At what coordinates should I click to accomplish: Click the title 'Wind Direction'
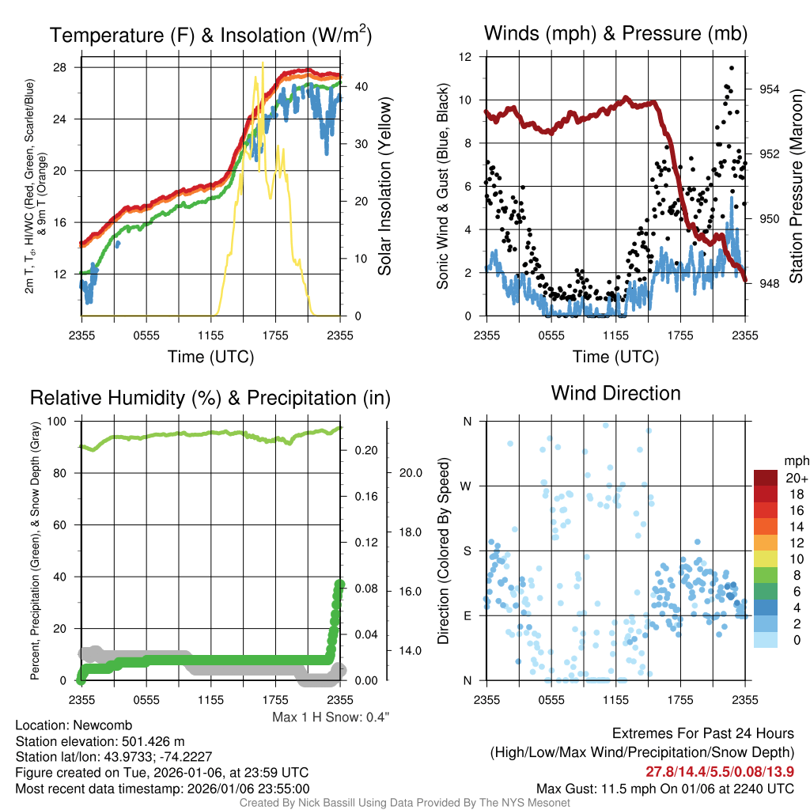[615, 393]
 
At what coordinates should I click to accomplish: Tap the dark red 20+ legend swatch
[766, 478]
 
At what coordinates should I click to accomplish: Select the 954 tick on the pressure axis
[769, 89]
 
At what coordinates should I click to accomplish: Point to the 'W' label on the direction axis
[467, 486]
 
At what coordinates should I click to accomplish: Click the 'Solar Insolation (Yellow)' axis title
[385, 187]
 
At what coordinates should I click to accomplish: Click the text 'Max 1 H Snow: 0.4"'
[331, 717]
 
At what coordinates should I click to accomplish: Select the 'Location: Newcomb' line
[74, 725]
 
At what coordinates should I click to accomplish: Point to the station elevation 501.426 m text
[100, 741]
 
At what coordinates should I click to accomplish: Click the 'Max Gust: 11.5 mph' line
[665, 788]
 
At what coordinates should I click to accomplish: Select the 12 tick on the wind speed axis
[466, 57]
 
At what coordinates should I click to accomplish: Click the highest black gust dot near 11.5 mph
[732, 68]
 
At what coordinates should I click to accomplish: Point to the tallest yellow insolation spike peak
[263, 63]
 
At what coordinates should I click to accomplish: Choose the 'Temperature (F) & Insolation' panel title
[210, 36]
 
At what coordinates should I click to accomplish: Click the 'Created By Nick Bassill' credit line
[404, 803]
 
